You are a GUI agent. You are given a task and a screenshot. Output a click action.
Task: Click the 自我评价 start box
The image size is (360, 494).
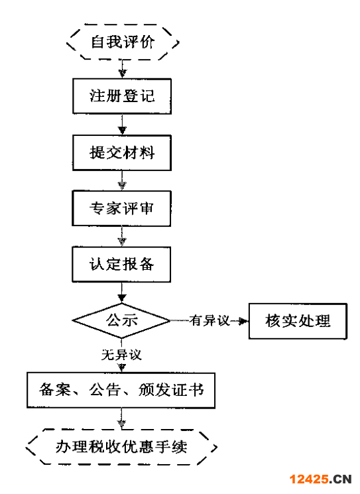click(x=122, y=42)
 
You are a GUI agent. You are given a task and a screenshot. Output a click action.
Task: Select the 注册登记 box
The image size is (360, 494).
click(x=122, y=95)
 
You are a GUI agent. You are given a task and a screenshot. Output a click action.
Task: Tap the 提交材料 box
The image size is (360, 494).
click(x=122, y=153)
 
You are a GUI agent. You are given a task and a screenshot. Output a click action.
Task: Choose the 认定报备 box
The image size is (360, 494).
click(x=122, y=265)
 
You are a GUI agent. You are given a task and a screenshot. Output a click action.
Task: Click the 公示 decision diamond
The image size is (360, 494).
click(x=122, y=320)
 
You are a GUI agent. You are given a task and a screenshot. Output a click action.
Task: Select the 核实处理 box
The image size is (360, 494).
click(x=297, y=321)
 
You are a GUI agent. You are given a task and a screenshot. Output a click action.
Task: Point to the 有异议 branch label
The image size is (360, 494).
click(x=209, y=321)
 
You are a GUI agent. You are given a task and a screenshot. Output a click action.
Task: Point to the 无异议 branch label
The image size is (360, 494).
click(x=121, y=355)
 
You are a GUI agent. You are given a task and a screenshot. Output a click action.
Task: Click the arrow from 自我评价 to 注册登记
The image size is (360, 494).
click(x=122, y=68)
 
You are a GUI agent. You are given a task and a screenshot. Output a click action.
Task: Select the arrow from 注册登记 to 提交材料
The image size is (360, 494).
click(x=122, y=124)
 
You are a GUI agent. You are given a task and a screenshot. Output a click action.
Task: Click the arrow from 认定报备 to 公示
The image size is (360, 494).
click(x=122, y=292)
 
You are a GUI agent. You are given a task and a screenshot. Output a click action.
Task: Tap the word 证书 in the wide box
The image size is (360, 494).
click(x=188, y=390)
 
